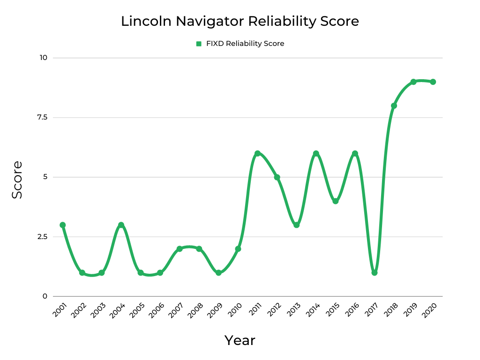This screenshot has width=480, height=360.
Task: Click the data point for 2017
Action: coord(375,272)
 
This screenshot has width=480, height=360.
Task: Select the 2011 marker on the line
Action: coord(257,153)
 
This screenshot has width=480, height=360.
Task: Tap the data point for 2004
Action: coord(121,225)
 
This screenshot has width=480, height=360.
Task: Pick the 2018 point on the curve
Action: coord(394,105)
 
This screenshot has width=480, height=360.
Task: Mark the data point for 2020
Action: coord(433,82)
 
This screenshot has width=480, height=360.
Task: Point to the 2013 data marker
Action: coord(296,225)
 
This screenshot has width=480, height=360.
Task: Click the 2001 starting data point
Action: coord(62,225)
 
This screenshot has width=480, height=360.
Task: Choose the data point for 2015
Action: coord(336,201)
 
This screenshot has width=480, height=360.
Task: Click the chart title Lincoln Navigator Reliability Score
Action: coord(240,22)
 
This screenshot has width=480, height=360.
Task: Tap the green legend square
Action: coord(199,44)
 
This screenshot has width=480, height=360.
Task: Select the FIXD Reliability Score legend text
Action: coord(245,44)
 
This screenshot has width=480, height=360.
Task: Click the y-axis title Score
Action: coord(17,180)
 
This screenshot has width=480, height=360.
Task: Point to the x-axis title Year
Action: coord(240,340)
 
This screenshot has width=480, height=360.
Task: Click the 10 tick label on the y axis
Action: coord(44,58)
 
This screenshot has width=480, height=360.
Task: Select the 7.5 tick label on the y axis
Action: coord(42,117)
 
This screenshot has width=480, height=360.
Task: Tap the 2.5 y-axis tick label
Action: coord(42,237)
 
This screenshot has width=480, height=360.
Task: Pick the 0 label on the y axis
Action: coord(45,296)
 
